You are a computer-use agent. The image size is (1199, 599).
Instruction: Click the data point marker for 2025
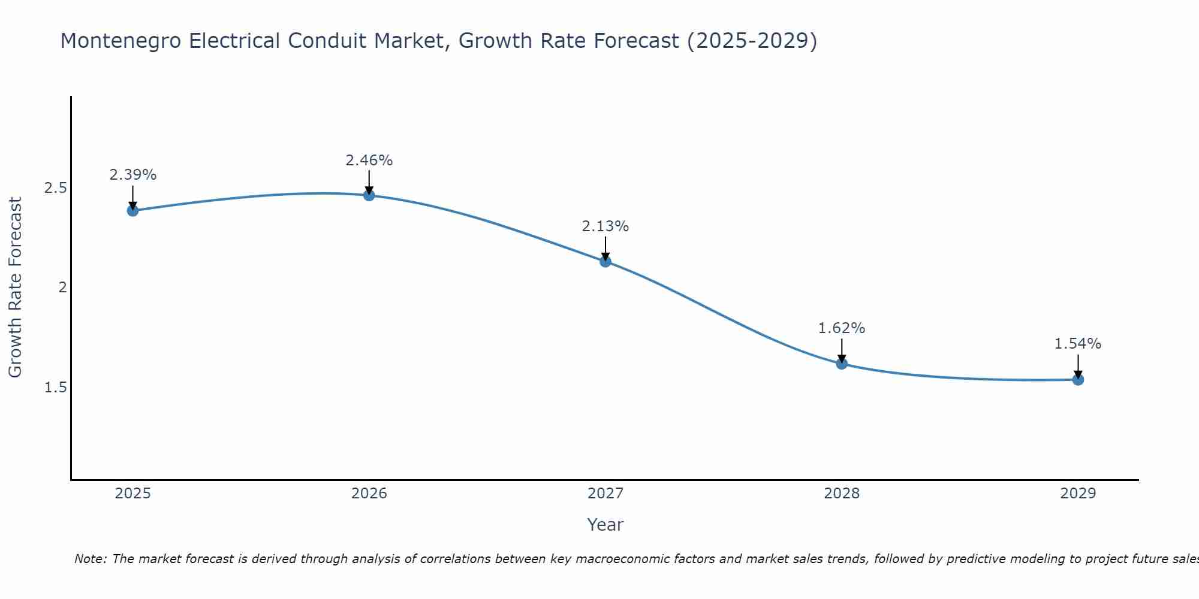[132, 210]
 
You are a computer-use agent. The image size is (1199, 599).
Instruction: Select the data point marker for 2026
[369, 195]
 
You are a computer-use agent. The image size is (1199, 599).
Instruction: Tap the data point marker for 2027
[605, 261]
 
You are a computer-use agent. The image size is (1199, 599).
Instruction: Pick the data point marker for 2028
[841, 364]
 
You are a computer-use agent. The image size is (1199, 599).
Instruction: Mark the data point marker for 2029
[1077, 379]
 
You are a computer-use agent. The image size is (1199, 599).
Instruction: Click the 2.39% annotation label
[132, 175]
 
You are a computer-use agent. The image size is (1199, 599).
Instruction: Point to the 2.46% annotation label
[369, 161]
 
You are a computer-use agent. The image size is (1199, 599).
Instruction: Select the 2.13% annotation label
[605, 226]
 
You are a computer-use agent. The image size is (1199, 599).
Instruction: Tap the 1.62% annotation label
[841, 328]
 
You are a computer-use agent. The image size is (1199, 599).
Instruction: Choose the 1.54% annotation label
[1077, 344]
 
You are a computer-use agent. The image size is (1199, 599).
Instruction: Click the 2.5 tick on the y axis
[55, 188]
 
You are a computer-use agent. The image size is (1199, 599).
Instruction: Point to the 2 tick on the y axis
[62, 288]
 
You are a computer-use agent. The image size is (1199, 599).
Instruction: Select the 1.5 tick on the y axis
[55, 388]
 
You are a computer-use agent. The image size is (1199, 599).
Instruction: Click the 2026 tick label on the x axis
[369, 494]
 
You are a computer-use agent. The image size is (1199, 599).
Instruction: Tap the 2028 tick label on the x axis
[841, 494]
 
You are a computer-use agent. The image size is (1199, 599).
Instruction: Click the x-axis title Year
[605, 525]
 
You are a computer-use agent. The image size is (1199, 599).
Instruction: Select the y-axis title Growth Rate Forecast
[15, 288]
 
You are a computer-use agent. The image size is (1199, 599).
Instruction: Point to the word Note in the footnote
[90, 559]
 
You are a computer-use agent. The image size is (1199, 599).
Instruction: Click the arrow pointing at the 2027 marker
[605, 249]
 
